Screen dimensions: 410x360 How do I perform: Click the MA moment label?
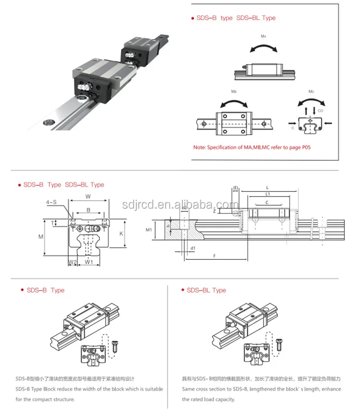[264, 36]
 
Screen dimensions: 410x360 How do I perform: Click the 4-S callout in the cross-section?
[52, 202]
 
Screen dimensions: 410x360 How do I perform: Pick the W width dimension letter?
[88, 196]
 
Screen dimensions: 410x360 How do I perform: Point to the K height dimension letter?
[121, 233]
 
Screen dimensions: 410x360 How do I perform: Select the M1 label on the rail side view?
[149, 230]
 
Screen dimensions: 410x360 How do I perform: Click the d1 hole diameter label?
[192, 248]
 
